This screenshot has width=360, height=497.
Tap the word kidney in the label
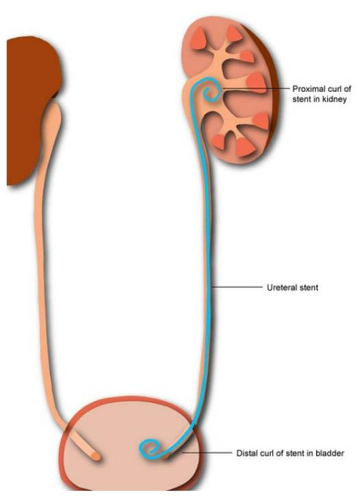click(335, 99)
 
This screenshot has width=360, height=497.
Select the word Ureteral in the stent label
click(281, 287)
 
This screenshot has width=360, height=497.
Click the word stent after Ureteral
click(308, 287)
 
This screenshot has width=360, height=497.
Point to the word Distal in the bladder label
click(246, 453)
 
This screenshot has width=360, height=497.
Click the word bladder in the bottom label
click(330, 453)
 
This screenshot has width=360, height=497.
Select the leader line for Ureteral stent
click(237, 287)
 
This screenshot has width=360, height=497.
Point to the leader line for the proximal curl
click(255, 88)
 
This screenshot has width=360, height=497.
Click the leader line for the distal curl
click(206, 453)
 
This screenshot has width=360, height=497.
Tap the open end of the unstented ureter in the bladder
click(95, 456)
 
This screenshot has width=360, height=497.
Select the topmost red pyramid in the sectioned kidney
click(234, 34)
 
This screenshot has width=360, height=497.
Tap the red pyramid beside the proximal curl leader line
click(256, 82)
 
